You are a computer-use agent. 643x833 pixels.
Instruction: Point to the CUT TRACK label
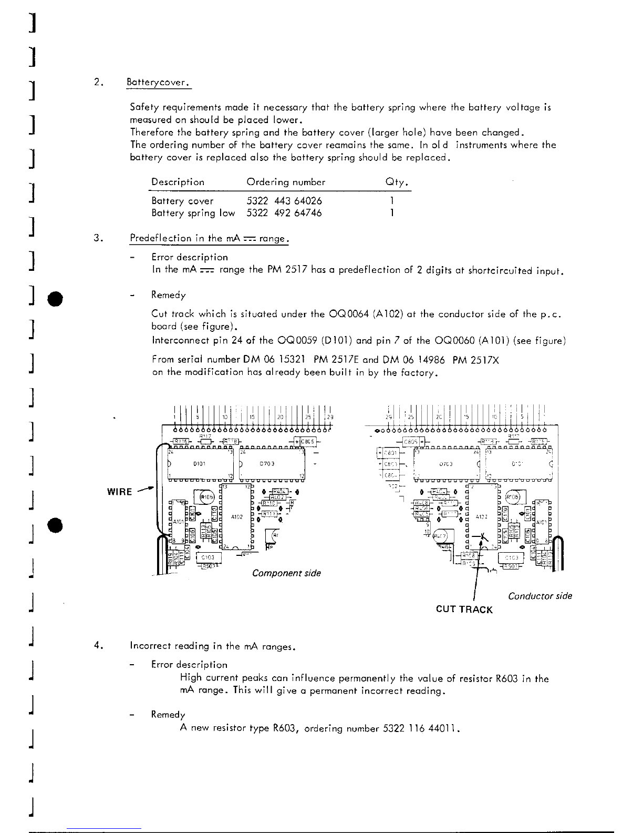coord(464,609)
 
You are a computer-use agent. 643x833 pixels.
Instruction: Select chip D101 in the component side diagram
coord(199,464)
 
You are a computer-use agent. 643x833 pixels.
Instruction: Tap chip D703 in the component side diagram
coord(272,464)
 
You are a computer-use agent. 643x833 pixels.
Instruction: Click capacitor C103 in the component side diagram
coord(209,557)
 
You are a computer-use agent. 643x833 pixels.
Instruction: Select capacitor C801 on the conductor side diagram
coord(389,452)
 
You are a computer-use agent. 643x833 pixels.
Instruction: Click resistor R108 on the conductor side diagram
coord(469,555)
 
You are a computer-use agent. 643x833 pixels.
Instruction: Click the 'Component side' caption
coord(286,573)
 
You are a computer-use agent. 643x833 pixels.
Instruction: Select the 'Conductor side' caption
coord(540,596)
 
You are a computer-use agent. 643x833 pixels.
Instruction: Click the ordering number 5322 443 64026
coord(284,201)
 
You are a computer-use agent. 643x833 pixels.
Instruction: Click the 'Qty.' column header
coord(397,182)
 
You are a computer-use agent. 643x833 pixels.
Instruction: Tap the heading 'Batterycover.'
coord(159,83)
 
